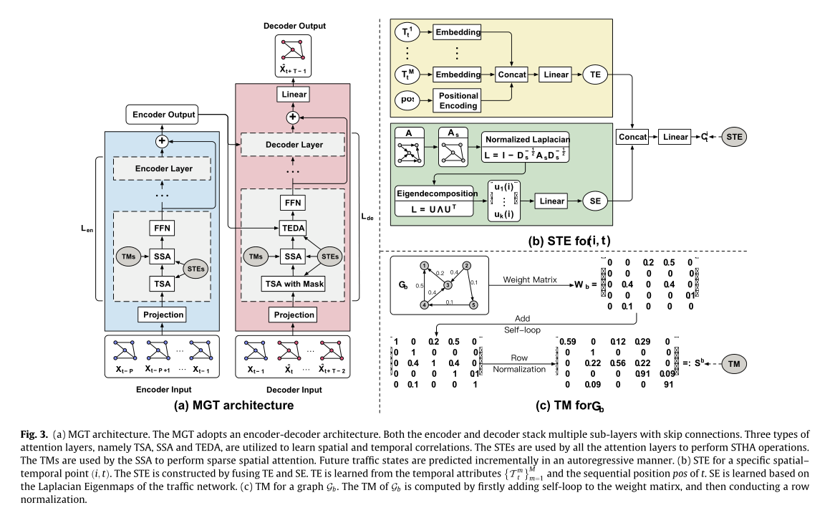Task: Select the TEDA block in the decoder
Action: pyautogui.click(x=294, y=229)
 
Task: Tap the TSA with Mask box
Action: pyautogui.click(x=294, y=284)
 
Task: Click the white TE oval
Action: pyautogui.click(x=595, y=74)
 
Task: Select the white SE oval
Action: pyautogui.click(x=595, y=201)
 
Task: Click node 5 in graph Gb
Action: pyautogui.click(x=473, y=305)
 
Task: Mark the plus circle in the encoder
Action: pyautogui.click(x=162, y=141)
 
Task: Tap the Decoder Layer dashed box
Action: pyautogui.click(x=294, y=145)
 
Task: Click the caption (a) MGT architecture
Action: pyautogui.click(x=234, y=406)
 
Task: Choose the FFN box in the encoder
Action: pyautogui.click(x=162, y=229)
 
